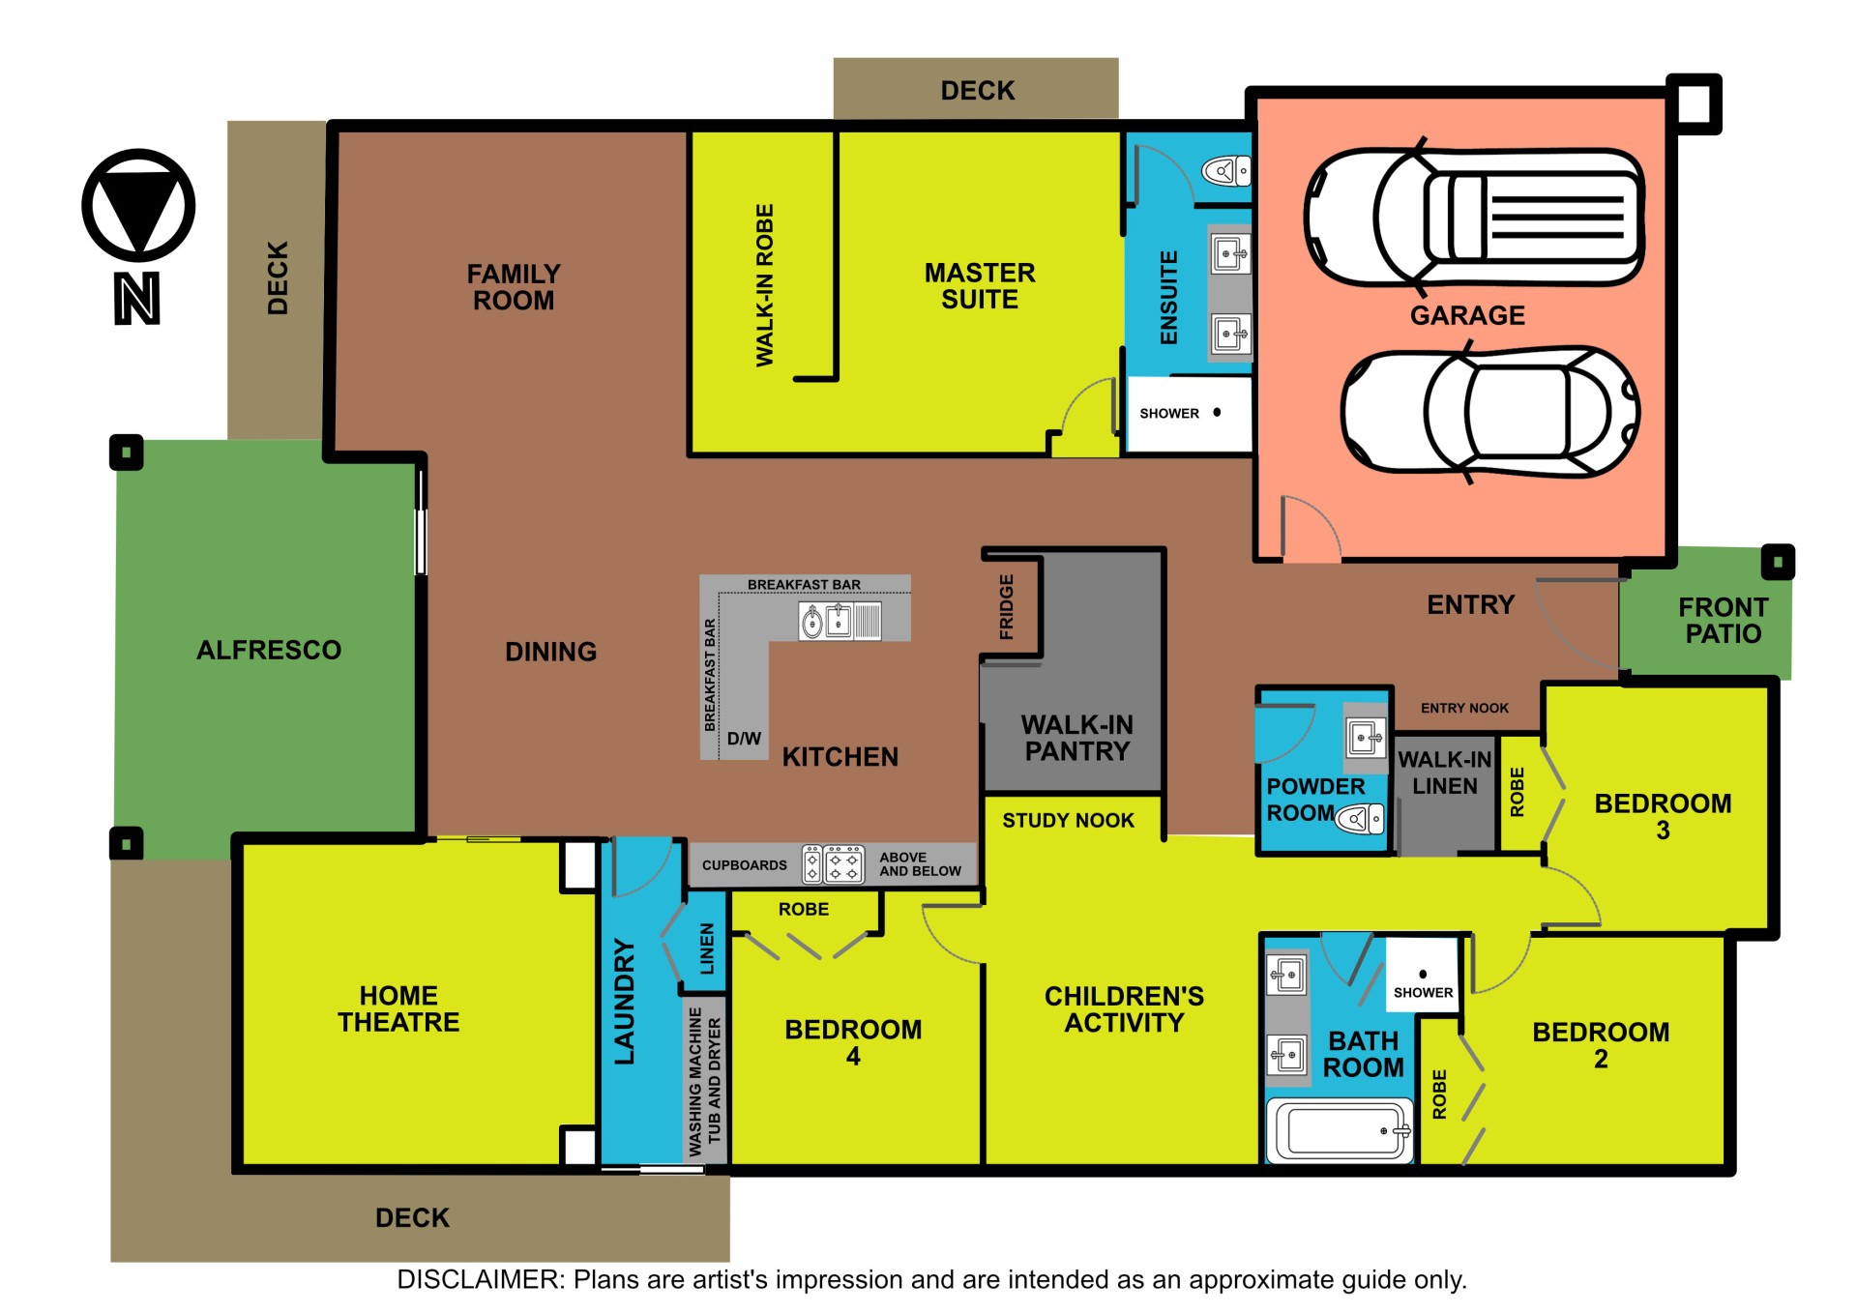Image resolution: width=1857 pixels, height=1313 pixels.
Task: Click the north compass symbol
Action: (x=138, y=205)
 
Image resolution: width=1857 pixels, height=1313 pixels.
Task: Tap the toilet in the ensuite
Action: (x=1225, y=172)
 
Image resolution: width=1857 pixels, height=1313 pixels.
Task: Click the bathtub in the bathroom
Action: (x=1340, y=1129)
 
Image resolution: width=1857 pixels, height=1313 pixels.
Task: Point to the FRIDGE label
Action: (x=1007, y=607)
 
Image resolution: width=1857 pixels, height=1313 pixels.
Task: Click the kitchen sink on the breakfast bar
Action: (x=826, y=621)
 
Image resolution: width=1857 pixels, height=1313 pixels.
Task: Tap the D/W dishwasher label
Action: (x=744, y=739)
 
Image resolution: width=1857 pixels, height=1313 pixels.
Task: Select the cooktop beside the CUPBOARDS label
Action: (x=833, y=864)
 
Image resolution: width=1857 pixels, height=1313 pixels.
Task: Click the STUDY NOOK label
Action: (x=1068, y=821)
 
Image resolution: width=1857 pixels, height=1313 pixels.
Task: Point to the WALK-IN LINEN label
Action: (x=1445, y=773)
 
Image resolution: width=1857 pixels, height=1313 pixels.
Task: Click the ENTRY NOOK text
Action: (x=1464, y=708)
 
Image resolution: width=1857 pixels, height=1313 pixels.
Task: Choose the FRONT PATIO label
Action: (x=1724, y=621)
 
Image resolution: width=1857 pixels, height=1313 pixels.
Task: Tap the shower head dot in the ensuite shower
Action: (x=1217, y=412)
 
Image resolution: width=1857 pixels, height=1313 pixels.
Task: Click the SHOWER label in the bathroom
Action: (x=1423, y=992)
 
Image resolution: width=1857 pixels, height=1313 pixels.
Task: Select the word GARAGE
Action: (x=1467, y=315)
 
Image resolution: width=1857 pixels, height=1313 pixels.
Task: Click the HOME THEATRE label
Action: (x=398, y=1008)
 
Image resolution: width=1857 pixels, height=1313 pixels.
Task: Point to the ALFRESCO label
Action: (x=269, y=650)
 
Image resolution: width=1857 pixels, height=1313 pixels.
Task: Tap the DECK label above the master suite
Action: (x=978, y=91)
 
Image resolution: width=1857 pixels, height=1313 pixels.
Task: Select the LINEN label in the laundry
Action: (x=707, y=948)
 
